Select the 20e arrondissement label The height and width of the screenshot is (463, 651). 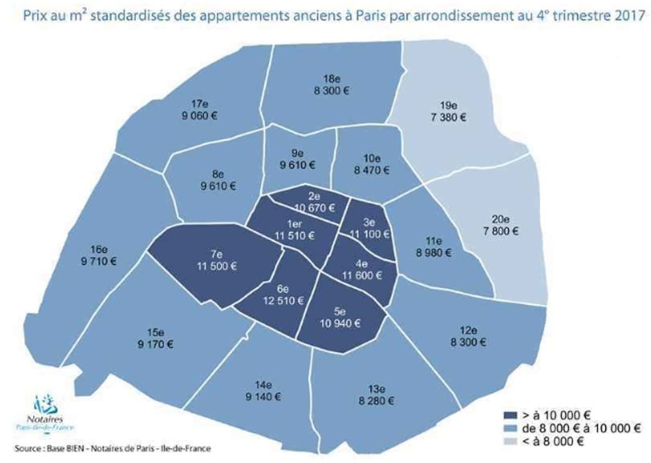point(501,220)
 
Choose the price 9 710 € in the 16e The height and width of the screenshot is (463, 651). point(98,262)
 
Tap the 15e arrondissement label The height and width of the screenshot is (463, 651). point(155,332)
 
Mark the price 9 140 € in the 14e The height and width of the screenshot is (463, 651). point(263,396)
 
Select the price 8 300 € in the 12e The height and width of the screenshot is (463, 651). point(468,342)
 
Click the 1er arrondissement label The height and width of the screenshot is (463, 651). point(295,224)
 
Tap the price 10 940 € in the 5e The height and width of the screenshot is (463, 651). point(339,324)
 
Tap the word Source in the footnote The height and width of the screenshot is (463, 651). point(25,449)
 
